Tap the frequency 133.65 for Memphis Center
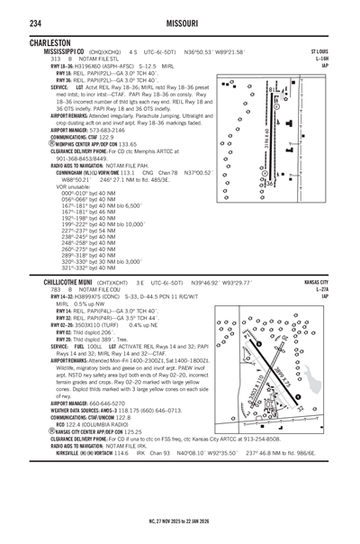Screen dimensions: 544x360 [x=129, y=143]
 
